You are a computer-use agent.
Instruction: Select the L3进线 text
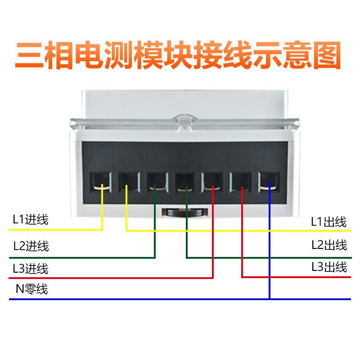31,269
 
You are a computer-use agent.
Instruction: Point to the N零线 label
31,289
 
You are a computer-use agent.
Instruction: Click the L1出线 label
329,221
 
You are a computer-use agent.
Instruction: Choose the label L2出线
329,245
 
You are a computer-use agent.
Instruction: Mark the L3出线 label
329,267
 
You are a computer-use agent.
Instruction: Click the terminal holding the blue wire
269,182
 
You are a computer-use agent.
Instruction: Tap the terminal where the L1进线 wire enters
101,182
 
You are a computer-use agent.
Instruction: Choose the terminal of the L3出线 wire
241,182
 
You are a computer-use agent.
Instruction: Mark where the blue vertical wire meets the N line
269,299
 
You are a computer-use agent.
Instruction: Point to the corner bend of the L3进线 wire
212,278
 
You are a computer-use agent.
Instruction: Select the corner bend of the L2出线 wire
187,257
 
